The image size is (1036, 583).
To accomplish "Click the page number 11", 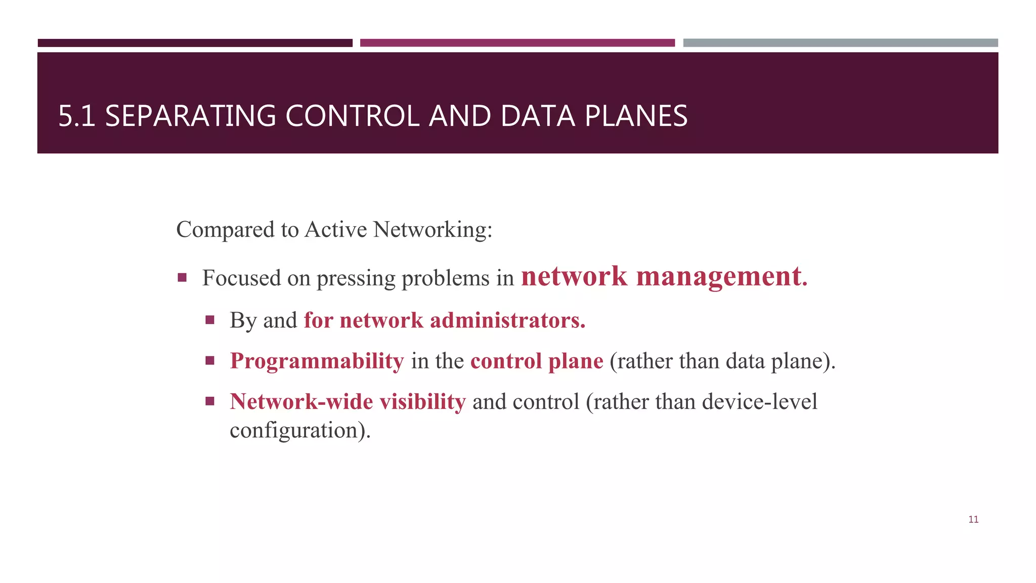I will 973,519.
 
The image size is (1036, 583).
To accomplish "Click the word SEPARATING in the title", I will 190,116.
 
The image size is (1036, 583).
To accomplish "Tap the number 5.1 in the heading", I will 76,116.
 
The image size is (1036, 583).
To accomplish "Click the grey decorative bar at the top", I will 840,43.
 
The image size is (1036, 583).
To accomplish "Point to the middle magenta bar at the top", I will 517,43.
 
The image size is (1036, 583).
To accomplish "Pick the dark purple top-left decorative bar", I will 195,43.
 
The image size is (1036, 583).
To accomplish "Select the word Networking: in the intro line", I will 433,230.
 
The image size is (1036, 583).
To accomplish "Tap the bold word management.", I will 721,277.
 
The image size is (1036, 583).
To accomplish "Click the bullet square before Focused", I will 182,277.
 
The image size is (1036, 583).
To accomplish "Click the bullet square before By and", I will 210,320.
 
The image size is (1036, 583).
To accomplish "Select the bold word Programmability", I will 317,361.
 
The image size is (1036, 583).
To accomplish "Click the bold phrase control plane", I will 537,361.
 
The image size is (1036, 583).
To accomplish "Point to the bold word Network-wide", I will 301,402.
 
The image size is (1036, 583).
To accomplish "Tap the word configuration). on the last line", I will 300,430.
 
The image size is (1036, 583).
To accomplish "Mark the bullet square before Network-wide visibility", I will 210,402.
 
